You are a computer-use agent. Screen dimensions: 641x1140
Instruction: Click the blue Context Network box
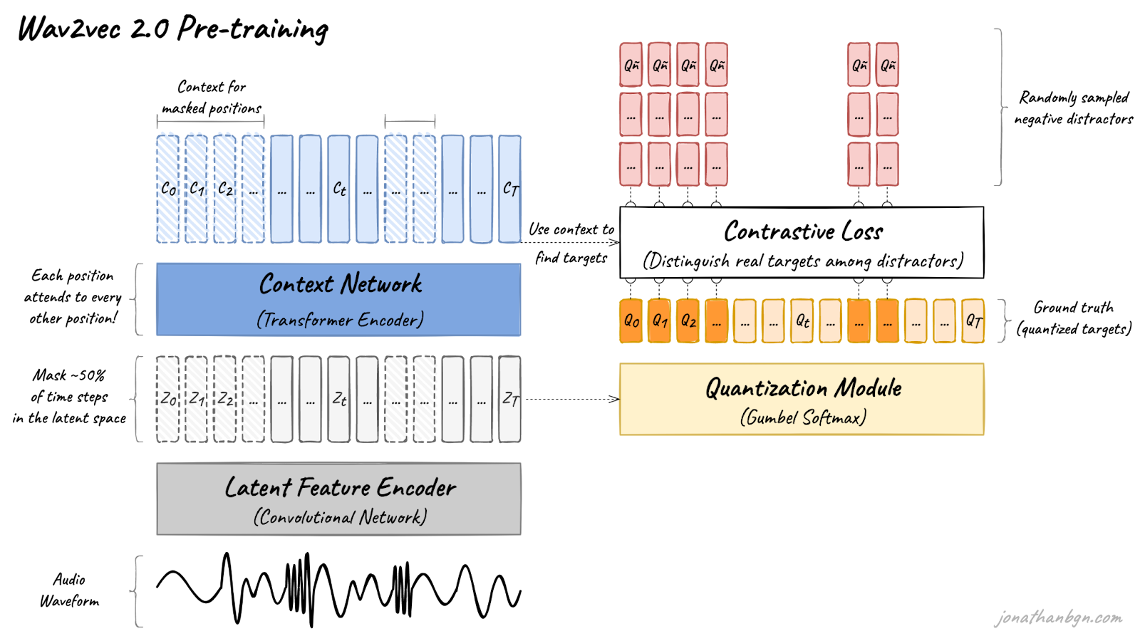coord(338,299)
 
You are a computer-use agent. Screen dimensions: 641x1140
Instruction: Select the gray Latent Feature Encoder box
coord(338,499)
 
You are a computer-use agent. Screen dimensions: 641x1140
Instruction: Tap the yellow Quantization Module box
coord(802,399)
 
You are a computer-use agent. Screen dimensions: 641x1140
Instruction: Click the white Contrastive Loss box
coord(802,242)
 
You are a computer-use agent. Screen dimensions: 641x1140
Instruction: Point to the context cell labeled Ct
coord(339,189)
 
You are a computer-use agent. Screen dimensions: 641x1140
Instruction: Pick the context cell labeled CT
coord(510,189)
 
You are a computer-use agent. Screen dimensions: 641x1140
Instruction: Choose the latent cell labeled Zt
coord(339,399)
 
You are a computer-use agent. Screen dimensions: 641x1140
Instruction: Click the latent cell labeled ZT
coord(510,399)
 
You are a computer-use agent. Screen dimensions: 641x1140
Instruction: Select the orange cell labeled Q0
coord(631,320)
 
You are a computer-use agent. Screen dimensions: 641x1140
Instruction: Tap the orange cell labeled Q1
coord(660,320)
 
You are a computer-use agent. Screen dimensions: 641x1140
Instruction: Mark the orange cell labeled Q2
coord(688,320)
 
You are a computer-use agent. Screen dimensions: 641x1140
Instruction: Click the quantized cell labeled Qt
coord(802,320)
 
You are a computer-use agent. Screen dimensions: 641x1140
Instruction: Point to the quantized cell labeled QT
coord(973,320)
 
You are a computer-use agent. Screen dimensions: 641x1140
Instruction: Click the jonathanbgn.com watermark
coord(1059,618)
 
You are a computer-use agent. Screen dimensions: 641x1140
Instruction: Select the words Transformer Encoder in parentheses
coord(341,320)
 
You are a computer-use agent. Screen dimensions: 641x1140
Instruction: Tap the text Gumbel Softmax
coord(804,417)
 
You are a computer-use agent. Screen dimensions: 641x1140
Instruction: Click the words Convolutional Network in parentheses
coord(341,517)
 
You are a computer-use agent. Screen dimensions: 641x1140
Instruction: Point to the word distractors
coord(918,261)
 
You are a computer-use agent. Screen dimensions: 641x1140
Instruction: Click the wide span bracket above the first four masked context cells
coord(210,121)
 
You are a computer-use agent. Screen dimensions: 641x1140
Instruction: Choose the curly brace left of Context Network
coord(137,299)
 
